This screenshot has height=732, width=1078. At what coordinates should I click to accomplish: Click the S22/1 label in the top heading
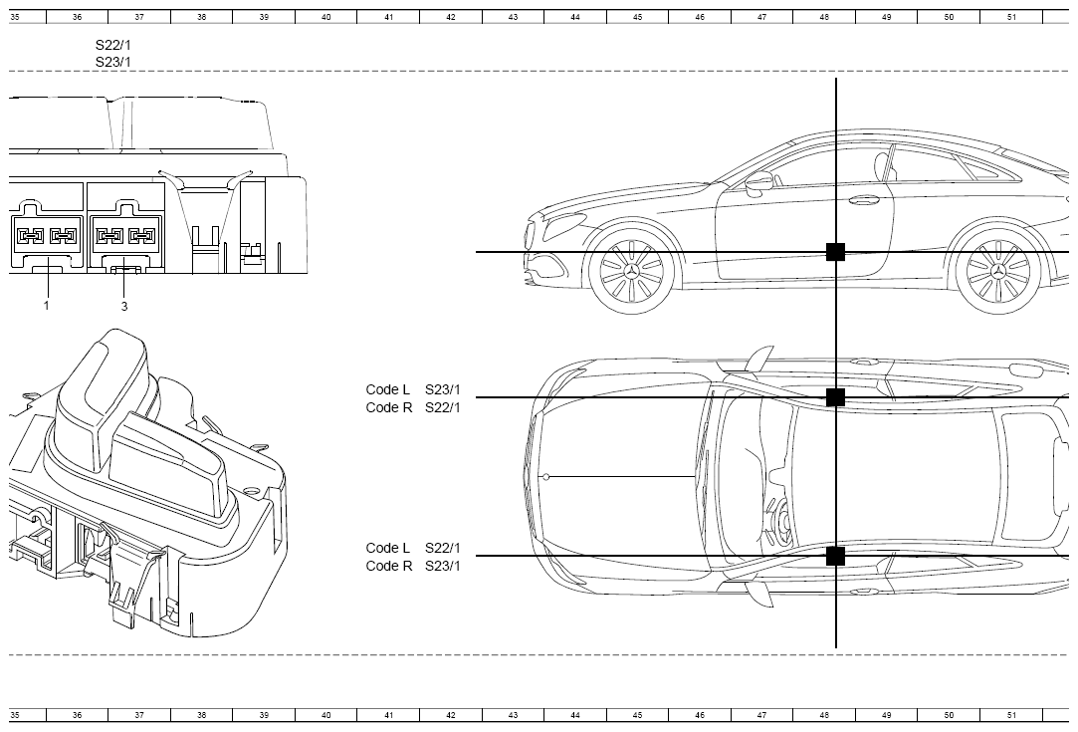coord(112,46)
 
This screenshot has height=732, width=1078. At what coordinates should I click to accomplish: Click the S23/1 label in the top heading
coord(112,62)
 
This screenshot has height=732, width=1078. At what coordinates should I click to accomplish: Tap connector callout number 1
coord(47,306)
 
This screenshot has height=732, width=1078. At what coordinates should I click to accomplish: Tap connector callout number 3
coord(124,306)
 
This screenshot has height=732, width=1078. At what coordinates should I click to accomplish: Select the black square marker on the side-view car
coord(835,252)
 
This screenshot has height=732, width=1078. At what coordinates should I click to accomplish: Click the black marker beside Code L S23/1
coord(835,397)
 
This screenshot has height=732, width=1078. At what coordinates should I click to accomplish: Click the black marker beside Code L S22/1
coord(835,556)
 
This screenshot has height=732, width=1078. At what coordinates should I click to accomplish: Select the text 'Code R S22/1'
coord(413,407)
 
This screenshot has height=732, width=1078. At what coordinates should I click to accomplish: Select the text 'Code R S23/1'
coord(413,566)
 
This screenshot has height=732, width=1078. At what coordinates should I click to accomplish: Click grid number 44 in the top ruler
coord(574,17)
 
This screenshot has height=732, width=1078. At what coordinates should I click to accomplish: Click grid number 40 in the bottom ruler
coord(325,715)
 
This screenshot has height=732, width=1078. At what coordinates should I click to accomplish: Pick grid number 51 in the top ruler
coord(1010,17)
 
